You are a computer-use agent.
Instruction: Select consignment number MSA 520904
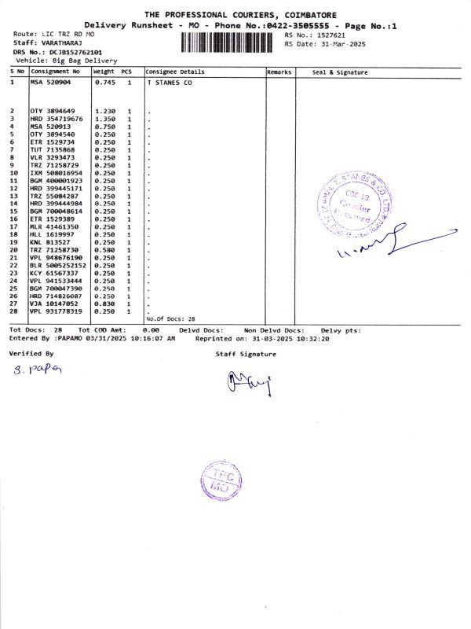[50, 82]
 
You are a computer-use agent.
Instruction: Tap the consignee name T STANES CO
[170, 82]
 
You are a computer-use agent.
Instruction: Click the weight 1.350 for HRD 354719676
[104, 119]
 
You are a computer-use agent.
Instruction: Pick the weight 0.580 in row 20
[104, 250]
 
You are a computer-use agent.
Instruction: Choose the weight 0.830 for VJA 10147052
[104, 303]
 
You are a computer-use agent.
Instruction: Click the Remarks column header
[279, 72]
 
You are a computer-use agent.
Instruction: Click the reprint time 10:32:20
[312, 338]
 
